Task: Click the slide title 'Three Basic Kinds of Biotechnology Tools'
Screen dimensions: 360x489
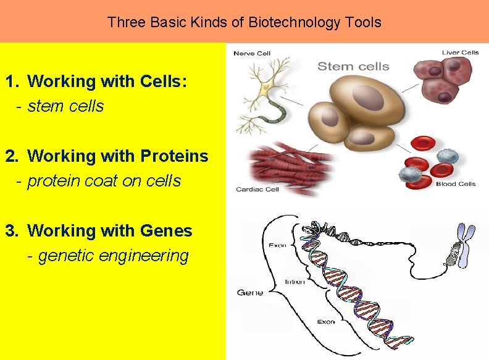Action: tap(244, 23)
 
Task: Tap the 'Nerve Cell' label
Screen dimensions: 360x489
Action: tap(251, 53)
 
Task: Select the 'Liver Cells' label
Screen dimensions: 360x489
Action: tap(460, 52)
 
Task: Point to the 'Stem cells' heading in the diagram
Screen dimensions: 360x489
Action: tap(353, 66)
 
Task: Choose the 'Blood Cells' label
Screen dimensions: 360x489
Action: tap(456, 183)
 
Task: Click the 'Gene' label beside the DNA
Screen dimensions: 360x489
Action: tap(250, 292)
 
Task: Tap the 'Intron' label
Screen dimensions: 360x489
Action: tap(295, 282)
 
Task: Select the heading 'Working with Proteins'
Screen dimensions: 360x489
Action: tap(118, 156)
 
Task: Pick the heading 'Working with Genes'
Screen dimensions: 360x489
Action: tap(110, 231)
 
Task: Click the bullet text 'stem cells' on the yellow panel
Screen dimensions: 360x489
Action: tap(66, 106)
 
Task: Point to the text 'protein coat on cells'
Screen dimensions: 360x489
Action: tap(104, 181)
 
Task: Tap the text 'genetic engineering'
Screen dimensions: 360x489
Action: tap(113, 256)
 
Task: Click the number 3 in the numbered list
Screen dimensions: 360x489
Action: tap(10, 231)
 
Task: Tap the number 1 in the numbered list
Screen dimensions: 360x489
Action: tap(10, 82)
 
